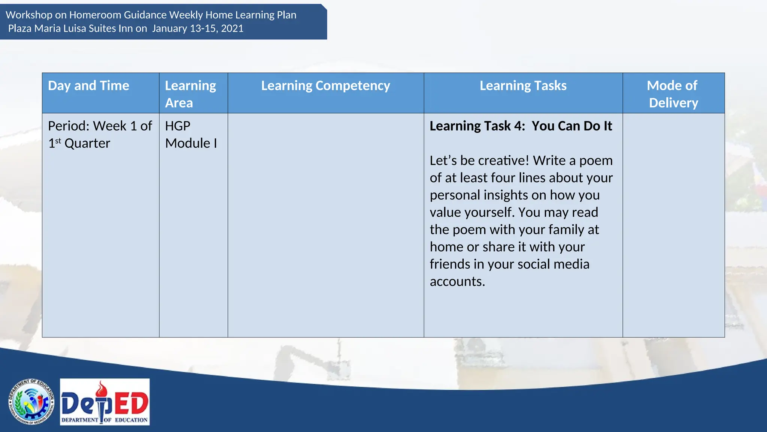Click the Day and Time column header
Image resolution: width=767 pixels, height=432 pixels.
pyautogui.click(x=88, y=86)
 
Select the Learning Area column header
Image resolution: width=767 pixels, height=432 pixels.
pyautogui.click(x=190, y=94)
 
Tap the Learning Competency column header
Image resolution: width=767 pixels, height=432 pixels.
pyautogui.click(x=325, y=86)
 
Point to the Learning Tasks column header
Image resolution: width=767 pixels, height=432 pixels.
pyautogui.click(x=523, y=86)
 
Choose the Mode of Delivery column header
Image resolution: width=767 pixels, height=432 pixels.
pyautogui.click(x=673, y=94)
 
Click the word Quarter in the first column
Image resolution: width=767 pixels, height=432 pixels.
pyautogui.click(x=87, y=143)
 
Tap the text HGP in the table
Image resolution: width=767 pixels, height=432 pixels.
pyautogui.click(x=178, y=126)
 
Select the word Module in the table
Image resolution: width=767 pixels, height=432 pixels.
pyautogui.click(x=188, y=143)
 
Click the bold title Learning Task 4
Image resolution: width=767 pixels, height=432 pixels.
pyautogui.click(x=477, y=126)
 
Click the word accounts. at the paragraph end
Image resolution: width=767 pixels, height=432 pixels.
pyautogui.click(x=457, y=281)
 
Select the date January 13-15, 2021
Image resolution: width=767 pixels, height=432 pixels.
pyautogui.click(x=198, y=28)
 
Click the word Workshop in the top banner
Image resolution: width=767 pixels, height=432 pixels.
pyautogui.click(x=29, y=15)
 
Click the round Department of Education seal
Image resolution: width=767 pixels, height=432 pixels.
pyautogui.click(x=31, y=402)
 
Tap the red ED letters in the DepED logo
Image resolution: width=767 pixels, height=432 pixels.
pyautogui.click(x=131, y=403)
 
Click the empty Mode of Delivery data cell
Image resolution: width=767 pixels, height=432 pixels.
pyautogui.click(x=673, y=225)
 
